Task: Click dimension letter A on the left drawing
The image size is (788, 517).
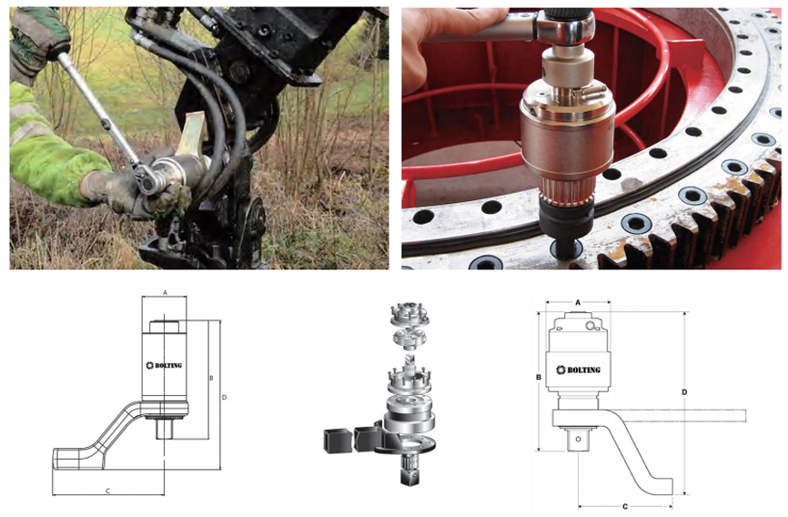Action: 165,292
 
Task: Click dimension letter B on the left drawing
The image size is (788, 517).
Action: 212,378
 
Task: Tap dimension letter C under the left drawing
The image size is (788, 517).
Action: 107,491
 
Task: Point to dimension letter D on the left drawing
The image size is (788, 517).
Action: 224,397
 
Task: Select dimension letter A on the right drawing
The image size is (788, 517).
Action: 578,302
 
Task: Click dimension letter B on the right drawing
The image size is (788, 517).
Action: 539,377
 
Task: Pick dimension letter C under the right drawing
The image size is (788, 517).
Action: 625,506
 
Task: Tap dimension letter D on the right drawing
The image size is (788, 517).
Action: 684,391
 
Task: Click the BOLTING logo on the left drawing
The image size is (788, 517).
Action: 164,366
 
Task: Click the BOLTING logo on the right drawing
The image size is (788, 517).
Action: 579,370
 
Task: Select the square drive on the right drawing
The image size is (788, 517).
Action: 578,439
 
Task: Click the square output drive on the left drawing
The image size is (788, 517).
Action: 165,430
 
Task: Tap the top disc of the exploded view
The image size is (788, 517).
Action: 409,314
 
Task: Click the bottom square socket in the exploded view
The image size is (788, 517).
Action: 410,476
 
